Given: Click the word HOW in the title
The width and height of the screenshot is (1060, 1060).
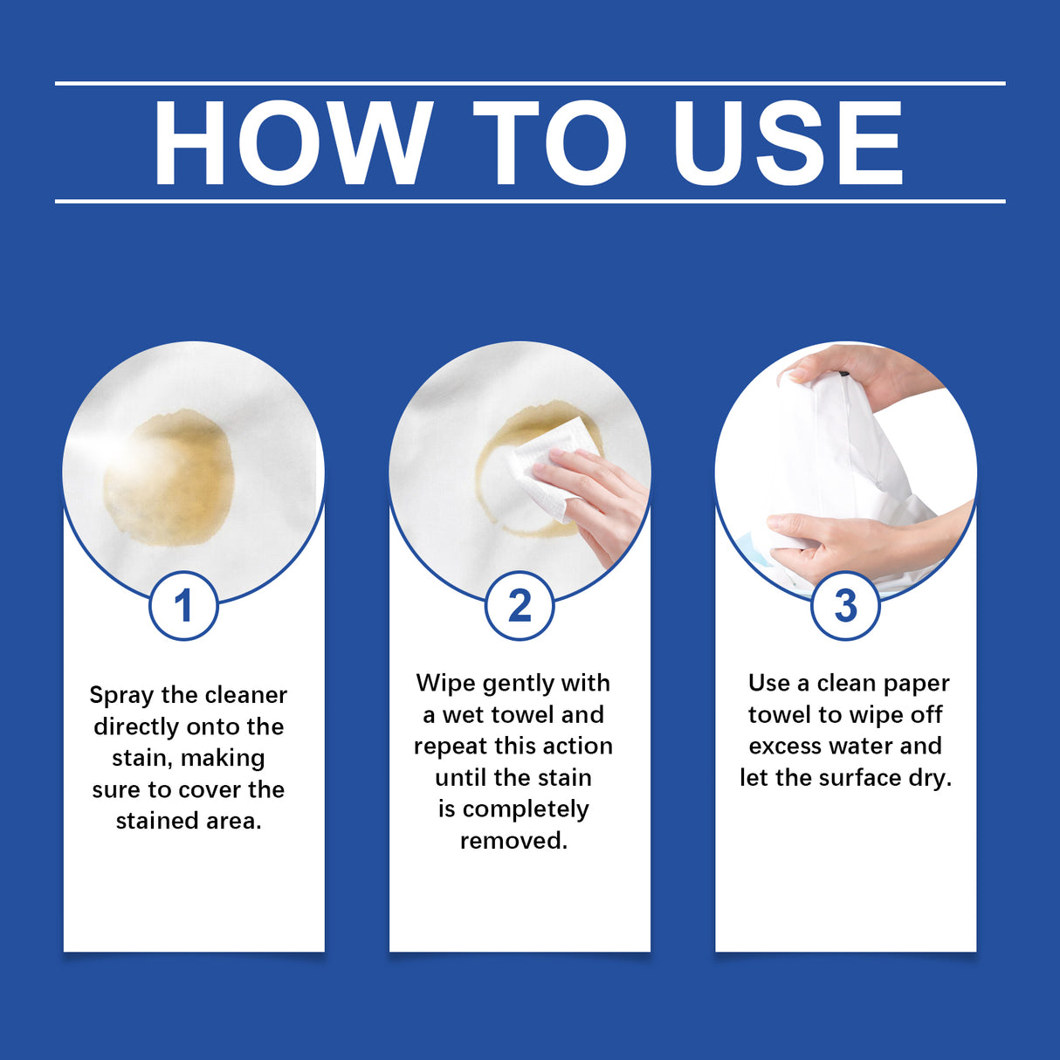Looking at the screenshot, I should click(x=293, y=144).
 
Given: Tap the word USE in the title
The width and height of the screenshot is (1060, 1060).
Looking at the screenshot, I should click(x=788, y=144).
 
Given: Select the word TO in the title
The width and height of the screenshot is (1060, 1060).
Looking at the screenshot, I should click(x=550, y=144).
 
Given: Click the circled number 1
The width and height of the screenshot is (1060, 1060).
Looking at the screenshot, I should click(x=183, y=606).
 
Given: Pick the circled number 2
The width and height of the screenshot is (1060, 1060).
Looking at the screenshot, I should click(x=520, y=606).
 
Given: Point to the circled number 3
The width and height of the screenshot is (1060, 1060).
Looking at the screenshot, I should click(x=845, y=606).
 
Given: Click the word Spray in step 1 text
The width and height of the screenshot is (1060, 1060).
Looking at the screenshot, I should click(x=120, y=696).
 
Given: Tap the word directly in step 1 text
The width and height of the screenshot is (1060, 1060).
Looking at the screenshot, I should click(x=136, y=727).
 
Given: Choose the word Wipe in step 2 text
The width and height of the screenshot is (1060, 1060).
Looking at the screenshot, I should click(x=445, y=684).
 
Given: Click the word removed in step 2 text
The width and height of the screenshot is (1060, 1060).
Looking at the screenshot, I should click(x=513, y=841).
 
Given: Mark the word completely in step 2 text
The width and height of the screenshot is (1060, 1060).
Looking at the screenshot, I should click(x=526, y=810).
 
